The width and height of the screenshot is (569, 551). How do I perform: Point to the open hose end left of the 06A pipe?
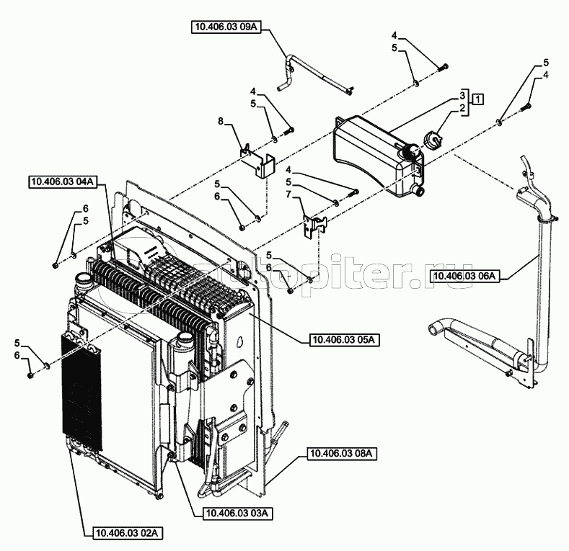pyautogui.click(x=435, y=329)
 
